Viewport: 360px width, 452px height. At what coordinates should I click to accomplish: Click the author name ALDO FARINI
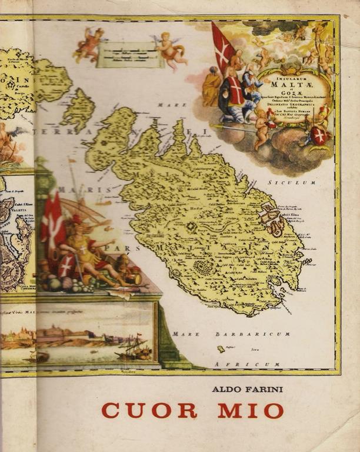click(247, 389)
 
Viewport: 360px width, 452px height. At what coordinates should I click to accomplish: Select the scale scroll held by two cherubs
click(129, 55)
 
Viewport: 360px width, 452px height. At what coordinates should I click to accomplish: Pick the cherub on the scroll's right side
click(171, 49)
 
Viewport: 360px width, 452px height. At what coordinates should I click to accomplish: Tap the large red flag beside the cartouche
click(223, 47)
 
